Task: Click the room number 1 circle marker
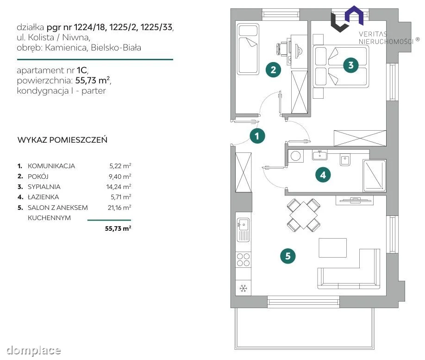(257, 136)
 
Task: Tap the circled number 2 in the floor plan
(273, 69)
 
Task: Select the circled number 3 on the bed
(351, 65)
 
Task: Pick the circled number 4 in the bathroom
(323, 175)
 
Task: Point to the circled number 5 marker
(288, 256)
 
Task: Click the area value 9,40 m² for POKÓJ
(120, 177)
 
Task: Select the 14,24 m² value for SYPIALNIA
(119, 187)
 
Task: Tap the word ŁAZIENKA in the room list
(44, 197)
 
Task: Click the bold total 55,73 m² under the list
(118, 228)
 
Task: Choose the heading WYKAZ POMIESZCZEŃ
(62, 140)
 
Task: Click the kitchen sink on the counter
(243, 229)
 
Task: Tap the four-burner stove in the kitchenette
(243, 259)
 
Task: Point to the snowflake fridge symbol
(243, 288)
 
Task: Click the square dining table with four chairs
(304, 215)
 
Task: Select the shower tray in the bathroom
(375, 176)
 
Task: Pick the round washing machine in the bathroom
(295, 156)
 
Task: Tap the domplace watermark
(34, 350)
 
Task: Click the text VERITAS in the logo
(373, 34)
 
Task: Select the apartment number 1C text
(82, 70)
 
